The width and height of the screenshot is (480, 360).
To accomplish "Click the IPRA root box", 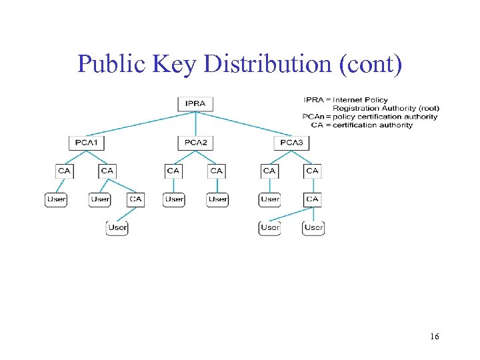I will click(195, 103).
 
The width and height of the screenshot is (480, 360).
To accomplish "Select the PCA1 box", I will click(87, 142).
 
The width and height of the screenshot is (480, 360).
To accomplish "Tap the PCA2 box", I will click(195, 142).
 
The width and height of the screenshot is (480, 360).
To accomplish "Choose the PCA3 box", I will click(291, 142).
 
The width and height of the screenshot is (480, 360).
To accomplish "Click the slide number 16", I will click(434, 337).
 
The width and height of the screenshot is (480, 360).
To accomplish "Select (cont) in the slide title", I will click(371, 64).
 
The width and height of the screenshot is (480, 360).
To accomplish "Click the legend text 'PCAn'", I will click(313, 117).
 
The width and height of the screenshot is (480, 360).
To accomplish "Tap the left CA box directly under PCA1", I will click(64, 171).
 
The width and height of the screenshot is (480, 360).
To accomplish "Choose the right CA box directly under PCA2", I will click(217, 171).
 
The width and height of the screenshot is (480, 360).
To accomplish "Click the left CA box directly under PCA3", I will click(269, 171).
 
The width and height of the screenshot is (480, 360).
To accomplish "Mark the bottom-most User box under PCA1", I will click(117, 227).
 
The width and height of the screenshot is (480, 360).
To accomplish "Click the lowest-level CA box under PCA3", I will click(313, 199).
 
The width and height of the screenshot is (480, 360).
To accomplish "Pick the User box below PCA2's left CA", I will click(174, 199).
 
